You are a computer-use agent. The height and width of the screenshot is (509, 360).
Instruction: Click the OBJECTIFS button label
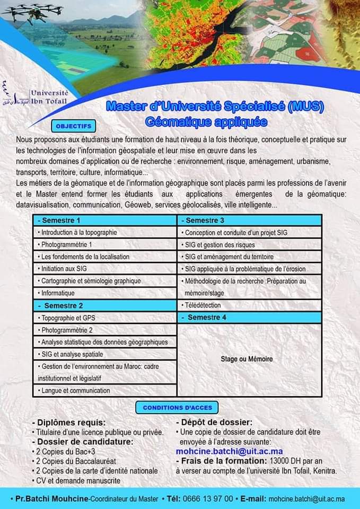[73, 126]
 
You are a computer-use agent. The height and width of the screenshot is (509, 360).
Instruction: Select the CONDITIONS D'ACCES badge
[177, 408]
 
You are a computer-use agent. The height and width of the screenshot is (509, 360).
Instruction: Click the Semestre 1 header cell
[104, 220]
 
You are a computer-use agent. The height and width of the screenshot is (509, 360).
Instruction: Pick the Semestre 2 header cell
[104, 305]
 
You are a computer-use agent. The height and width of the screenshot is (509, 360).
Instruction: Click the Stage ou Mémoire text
[247, 359]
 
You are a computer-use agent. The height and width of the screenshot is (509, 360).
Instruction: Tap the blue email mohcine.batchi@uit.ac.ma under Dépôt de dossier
[229, 451]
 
